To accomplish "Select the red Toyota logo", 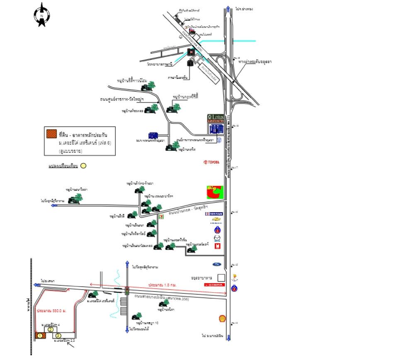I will coord(211,162).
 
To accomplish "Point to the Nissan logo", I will coord(214,214).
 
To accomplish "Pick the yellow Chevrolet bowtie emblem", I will coord(216,222).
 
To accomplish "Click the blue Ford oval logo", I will coord(217,264).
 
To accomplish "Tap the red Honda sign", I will coord(214,285).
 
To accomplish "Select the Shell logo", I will coord(223,318).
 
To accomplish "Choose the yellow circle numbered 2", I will coord(50,329).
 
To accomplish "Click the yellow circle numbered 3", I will coord(58,335).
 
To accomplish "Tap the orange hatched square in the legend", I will coord(51,134).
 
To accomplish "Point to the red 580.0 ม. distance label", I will coord(51,310).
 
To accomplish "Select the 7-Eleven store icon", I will coord(161,217).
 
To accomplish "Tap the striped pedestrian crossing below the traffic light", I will coord(123,308).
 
